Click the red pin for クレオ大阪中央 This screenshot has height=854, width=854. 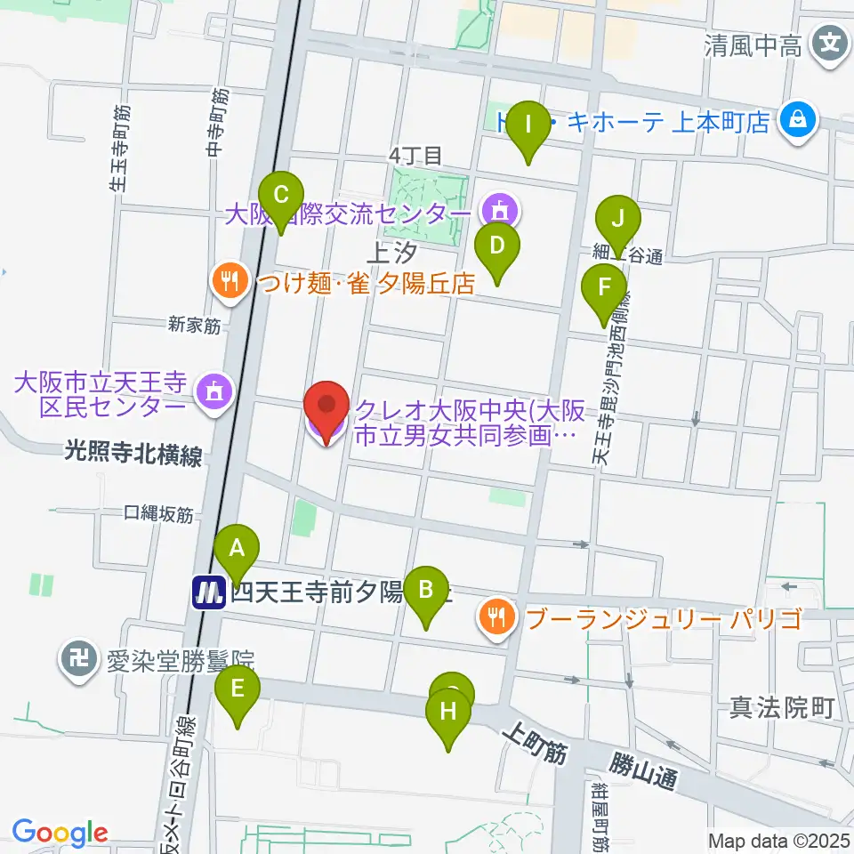click(326, 412)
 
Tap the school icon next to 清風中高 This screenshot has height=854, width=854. click(831, 42)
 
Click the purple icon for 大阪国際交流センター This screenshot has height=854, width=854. click(496, 211)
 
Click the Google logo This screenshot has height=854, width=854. click(60, 833)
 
